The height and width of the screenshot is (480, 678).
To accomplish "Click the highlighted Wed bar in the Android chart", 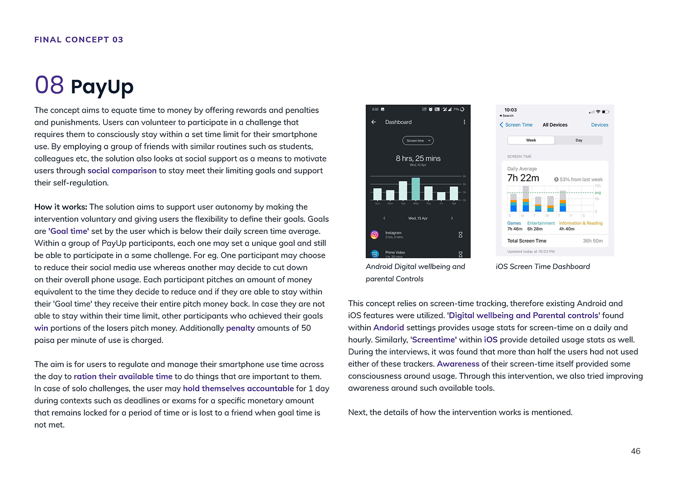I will (415, 189).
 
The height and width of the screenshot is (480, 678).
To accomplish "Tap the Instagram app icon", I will (374, 234).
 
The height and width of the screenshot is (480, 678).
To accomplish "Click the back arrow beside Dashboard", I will (373, 122).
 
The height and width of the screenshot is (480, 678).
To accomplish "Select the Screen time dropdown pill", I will (418, 141).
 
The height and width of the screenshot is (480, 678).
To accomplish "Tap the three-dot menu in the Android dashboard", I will (464, 122).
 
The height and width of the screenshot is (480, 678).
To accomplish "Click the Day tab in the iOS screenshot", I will (579, 140).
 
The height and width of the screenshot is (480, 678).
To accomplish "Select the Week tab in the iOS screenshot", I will (531, 140).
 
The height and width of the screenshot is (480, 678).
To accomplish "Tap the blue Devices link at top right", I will (599, 125).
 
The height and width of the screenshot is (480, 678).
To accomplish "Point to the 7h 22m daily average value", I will (523, 178).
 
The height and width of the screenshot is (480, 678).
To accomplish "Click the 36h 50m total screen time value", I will (593, 241).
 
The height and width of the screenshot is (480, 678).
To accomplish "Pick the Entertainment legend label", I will (541, 223).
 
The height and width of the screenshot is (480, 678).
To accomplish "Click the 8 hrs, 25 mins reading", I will (418, 158).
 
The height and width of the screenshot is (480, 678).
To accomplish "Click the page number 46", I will (636, 451).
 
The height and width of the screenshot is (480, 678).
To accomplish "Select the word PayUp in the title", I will (102, 86).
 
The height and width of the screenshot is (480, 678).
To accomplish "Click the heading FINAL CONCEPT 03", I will (79, 40).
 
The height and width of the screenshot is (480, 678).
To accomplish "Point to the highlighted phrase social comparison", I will (122, 171).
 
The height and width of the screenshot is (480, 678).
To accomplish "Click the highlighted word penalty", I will (240, 328).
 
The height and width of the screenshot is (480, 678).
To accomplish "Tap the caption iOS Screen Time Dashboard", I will (543, 266).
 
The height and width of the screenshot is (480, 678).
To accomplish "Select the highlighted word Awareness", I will (458, 364).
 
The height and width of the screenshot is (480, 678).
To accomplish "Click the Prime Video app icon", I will (374, 254).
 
